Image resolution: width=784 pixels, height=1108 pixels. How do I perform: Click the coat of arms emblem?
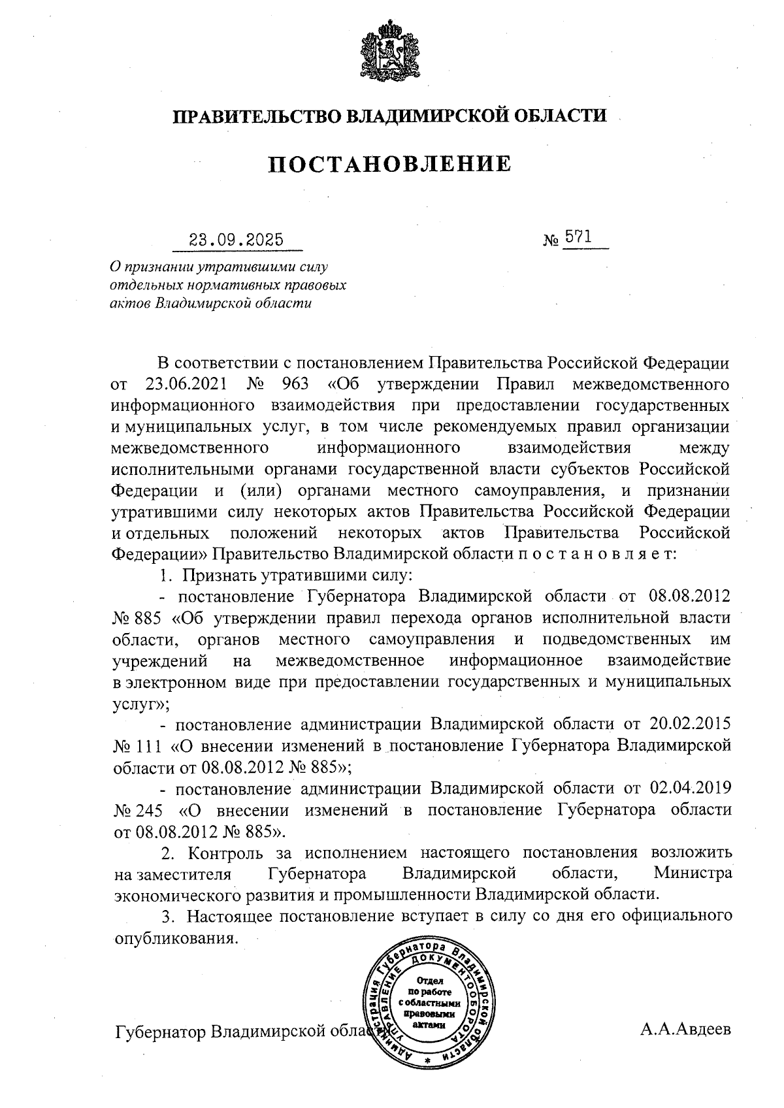pyautogui.click(x=389, y=53)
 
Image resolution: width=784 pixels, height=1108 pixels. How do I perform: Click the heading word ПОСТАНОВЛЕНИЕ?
pyautogui.click(x=389, y=164)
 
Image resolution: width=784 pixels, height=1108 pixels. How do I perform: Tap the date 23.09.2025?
pyautogui.click(x=236, y=239)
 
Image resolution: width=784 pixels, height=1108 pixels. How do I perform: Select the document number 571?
pyautogui.click(x=578, y=237)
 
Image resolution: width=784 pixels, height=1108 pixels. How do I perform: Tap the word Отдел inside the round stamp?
pyautogui.click(x=429, y=981)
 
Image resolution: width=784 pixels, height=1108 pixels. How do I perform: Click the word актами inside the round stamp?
pyautogui.click(x=430, y=1025)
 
